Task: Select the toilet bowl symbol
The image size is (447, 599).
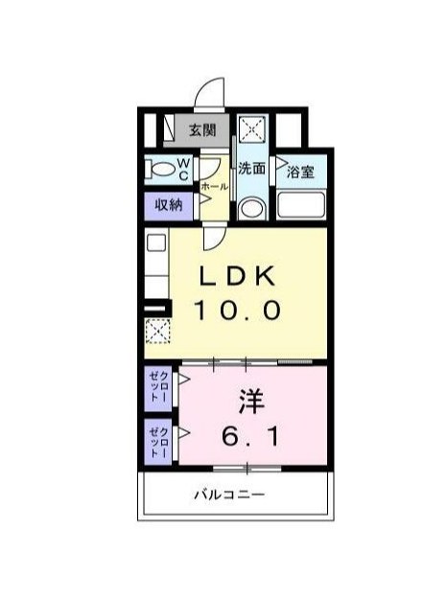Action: coord(158,171)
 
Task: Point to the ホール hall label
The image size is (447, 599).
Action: coord(215,186)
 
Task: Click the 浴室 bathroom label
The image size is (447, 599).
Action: coord(300,173)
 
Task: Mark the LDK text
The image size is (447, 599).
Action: coord(237,277)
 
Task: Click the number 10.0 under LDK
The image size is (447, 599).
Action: coord(237,310)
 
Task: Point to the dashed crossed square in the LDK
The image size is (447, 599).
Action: coord(157,332)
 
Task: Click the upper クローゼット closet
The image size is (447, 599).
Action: coord(158,390)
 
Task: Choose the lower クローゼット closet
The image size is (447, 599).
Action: coord(158,442)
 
